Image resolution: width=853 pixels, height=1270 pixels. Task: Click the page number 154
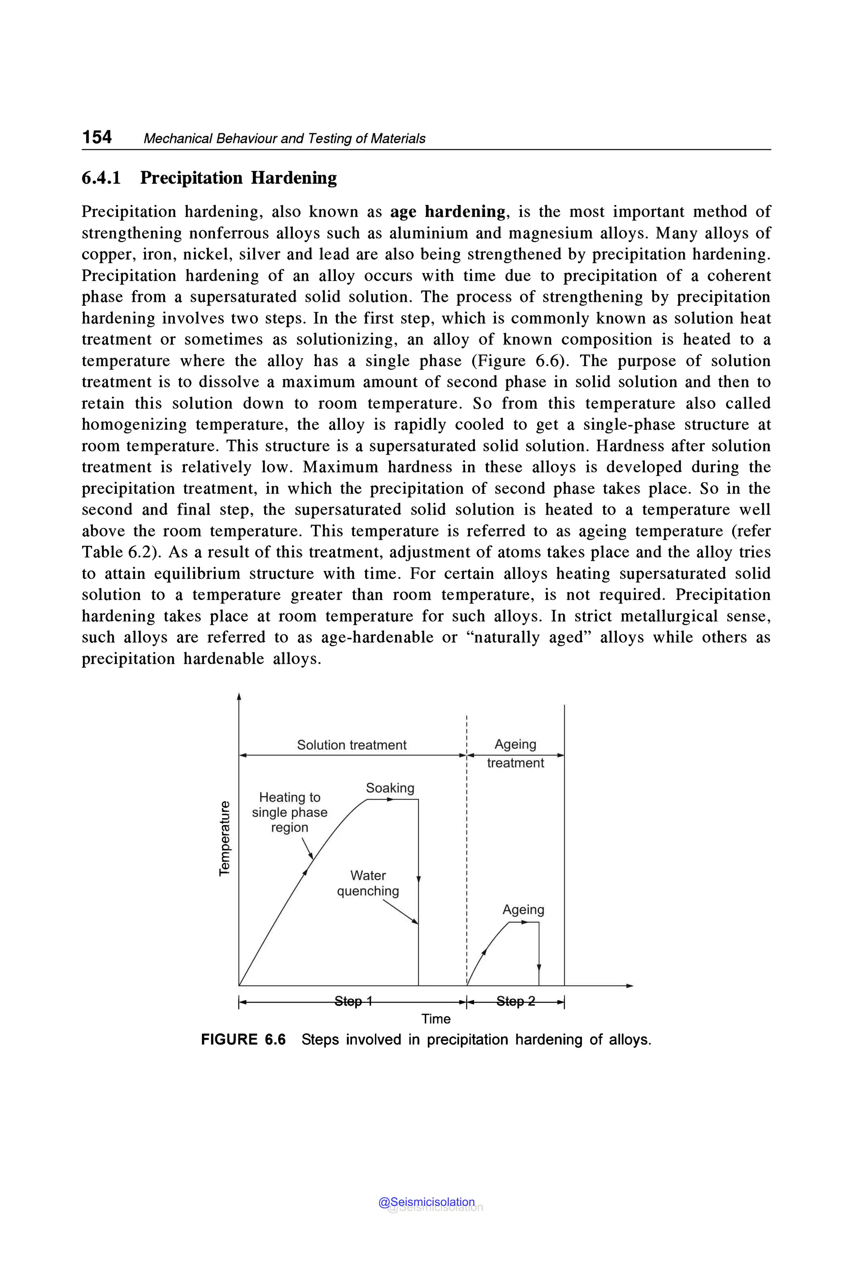97,137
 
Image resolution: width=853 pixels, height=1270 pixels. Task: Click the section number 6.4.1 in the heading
101,178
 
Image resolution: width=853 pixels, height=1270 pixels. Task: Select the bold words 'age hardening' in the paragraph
448,212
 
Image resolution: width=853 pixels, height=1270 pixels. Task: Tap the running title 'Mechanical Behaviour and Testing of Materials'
284,139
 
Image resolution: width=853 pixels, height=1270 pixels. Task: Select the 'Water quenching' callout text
368,883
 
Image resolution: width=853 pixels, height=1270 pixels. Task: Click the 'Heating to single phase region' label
289,812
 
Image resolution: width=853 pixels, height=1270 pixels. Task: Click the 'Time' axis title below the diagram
436,1019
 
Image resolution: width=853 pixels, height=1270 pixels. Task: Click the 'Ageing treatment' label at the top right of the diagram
515,753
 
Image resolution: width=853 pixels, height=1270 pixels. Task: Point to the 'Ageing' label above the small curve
523,909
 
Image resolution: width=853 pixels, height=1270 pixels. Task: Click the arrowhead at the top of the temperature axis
239,697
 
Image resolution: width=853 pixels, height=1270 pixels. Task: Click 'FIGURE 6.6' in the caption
243,1039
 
